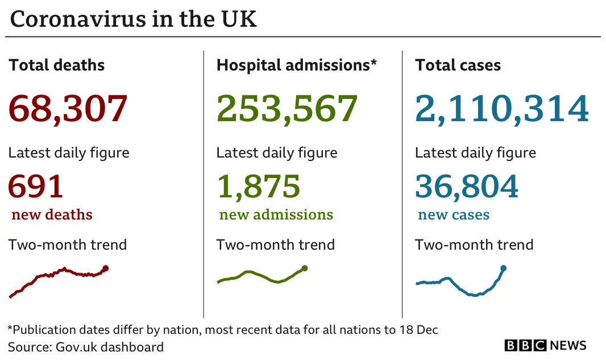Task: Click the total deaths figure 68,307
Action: pyautogui.click(x=68, y=109)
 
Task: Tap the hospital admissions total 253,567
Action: pyautogui.click(x=287, y=109)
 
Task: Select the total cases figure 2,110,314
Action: pyautogui.click(x=501, y=109)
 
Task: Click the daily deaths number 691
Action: pyautogui.click(x=35, y=186)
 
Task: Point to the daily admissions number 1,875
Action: pyautogui.click(x=258, y=186)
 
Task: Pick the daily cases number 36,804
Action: pyautogui.click(x=467, y=186)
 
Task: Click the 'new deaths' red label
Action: pyautogui.click(x=52, y=215)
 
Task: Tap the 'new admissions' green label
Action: pyautogui.click(x=276, y=215)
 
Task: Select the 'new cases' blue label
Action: pyautogui.click(x=454, y=215)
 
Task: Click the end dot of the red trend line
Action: pyautogui.click(x=106, y=268)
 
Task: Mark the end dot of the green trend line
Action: pyautogui.click(x=305, y=268)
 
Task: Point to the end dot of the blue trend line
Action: pyautogui.click(x=503, y=268)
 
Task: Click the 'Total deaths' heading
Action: pyautogui.click(x=57, y=65)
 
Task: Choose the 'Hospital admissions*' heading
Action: pyautogui.click(x=296, y=65)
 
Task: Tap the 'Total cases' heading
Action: pyautogui.click(x=458, y=65)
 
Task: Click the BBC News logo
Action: pyautogui.click(x=545, y=345)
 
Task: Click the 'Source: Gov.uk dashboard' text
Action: pyautogui.click(x=86, y=347)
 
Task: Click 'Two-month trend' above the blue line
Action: pyautogui.click(x=474, y=245)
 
